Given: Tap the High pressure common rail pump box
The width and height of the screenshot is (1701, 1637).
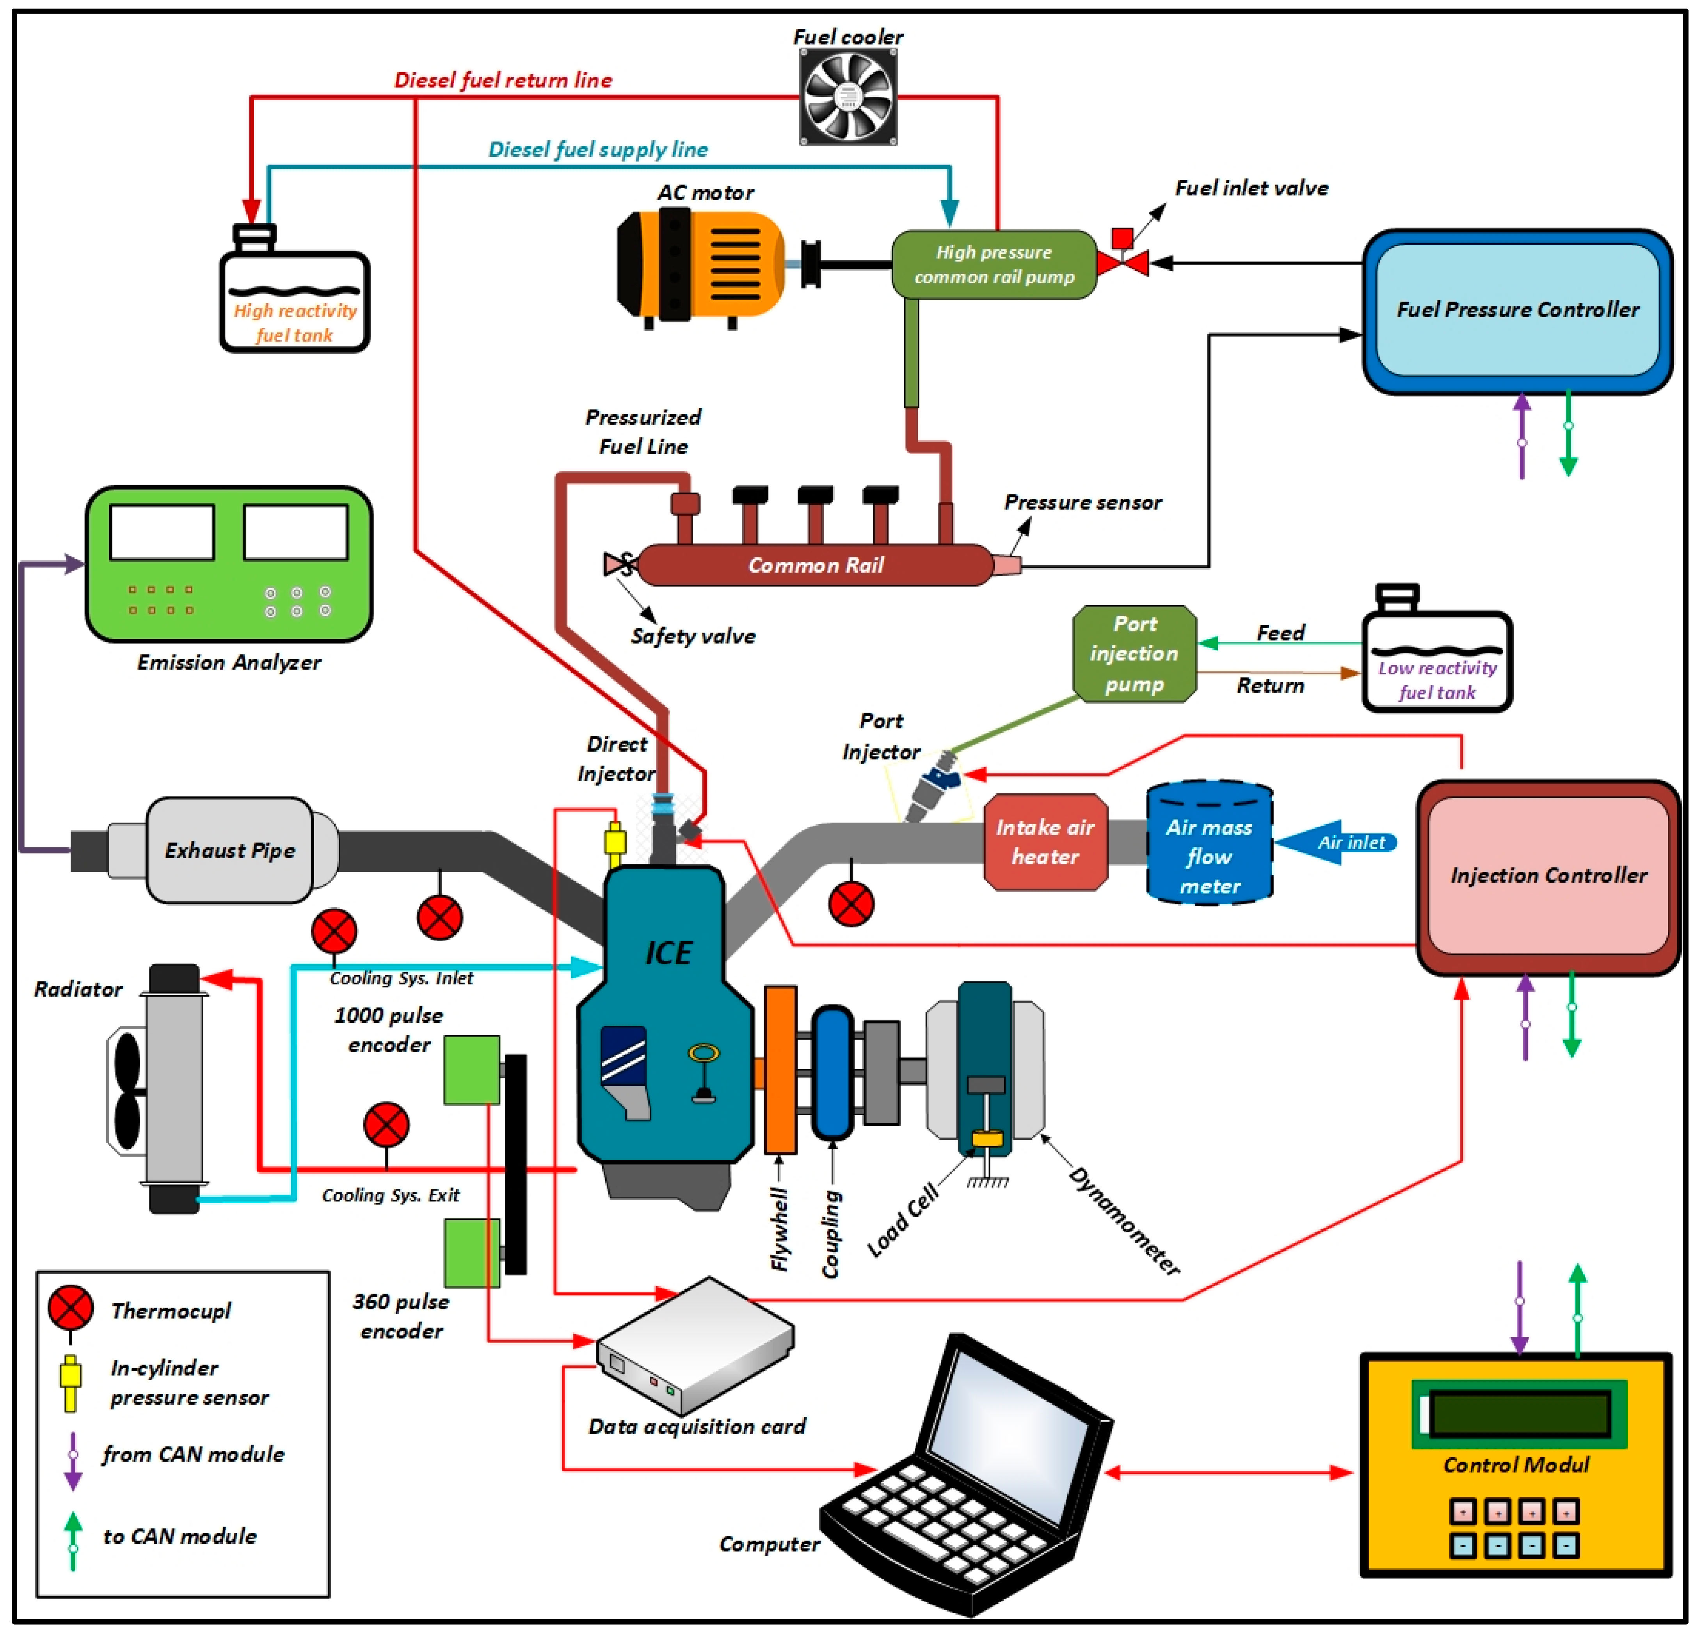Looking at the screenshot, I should [994, 265].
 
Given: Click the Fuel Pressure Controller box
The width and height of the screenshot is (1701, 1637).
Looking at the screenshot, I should [1517, 310].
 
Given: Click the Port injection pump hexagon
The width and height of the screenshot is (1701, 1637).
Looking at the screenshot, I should [1134, 654].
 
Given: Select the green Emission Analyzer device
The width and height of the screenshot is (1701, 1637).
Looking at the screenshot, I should [229, 564].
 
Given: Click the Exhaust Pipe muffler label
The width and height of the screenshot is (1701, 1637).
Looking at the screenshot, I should [230, 851].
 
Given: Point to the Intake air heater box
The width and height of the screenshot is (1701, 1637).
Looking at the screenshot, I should [1045, 842].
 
